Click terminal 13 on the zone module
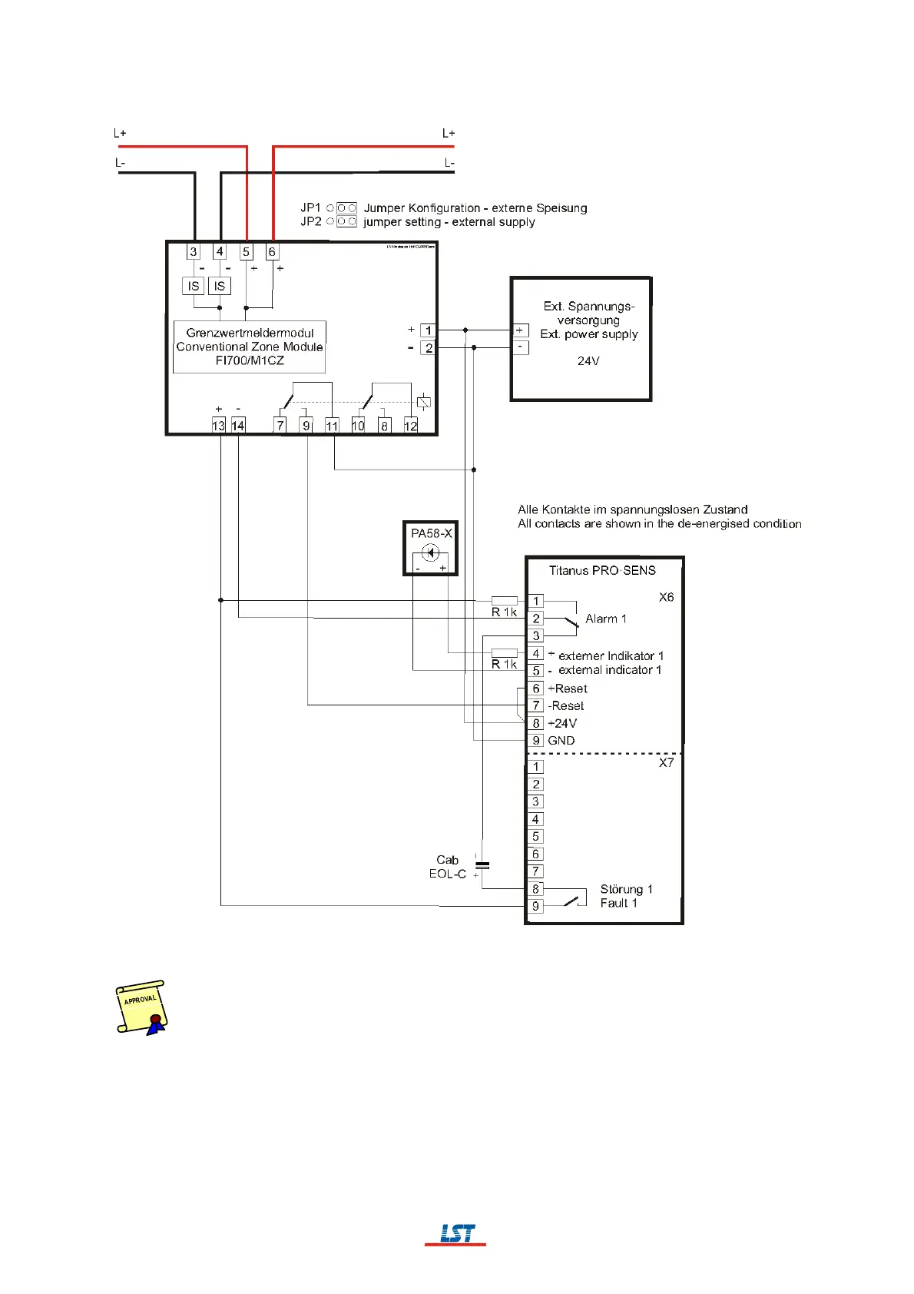[219, 426]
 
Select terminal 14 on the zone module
[238, 426]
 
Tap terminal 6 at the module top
[272, 252]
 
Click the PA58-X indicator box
[431, 548]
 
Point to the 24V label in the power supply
[588, 361]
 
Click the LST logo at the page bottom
[456, 1233]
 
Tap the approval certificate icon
[141, 1007]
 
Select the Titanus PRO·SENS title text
[602, 570]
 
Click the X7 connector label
[666, 763]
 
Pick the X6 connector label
[666, 597]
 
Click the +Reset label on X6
[568, 688]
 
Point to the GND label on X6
[561, 741]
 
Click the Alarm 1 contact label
[605, 619]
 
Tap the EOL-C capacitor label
[448, 874]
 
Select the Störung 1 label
[626, 889]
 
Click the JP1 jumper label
[310, 207]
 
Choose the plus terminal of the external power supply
[520, 330]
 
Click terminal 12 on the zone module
[411, 426]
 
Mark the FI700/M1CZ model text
[250, 360]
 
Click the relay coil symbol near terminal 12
[423, 402]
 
